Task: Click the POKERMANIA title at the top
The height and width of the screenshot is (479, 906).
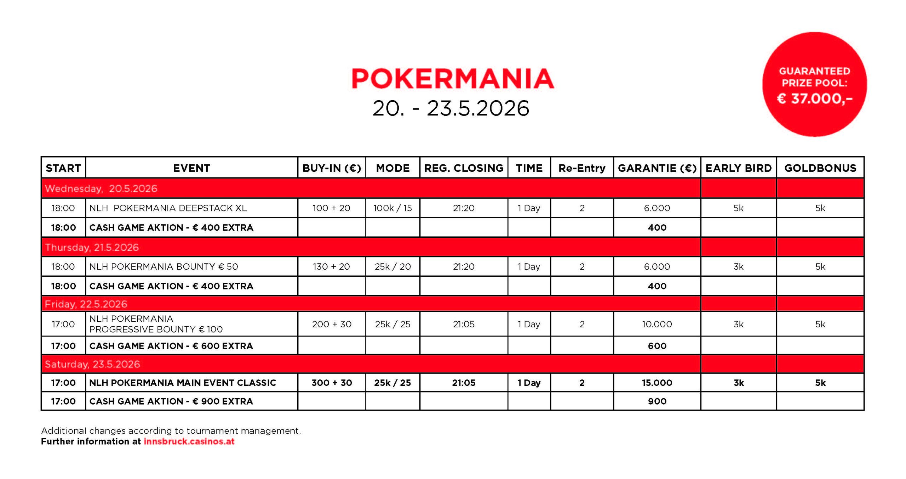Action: [x=453, y=79]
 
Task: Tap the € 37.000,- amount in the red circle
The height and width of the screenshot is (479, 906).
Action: [x=814, y=98]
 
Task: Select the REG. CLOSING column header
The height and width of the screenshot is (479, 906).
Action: [x=464, y=168]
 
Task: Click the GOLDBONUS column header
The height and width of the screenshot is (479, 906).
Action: [x=820, y=168]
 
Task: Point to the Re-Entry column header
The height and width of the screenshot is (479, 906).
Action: [x=582, y=168]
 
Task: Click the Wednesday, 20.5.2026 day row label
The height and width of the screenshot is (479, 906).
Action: [x=101, y=188]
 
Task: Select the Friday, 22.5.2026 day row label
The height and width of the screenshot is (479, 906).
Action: [x=86, y=304]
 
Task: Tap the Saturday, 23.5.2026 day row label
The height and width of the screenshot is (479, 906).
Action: [x=92, y=364]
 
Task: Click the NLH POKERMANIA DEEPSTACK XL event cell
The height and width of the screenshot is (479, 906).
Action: [x=168, y=208]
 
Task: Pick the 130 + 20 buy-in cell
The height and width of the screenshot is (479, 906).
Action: [x=331, y=266]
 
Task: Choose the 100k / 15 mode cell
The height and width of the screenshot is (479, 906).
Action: [x=392, y=208]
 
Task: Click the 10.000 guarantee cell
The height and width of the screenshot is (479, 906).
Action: [x=657, y=324]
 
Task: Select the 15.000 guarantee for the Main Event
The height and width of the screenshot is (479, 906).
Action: [x=657, y=383]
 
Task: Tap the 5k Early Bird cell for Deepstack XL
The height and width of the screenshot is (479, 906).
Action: [x=738, y=208]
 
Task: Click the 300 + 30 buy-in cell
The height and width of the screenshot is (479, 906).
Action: [x=332, y=383]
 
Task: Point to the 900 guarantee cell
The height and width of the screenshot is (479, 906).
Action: [x=657, y=401]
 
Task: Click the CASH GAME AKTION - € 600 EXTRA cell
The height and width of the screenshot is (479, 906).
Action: [x=171, y=346]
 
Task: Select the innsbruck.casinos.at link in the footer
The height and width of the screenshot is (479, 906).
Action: [x=189, y=441]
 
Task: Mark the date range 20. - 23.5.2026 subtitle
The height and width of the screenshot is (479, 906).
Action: [x=451, y=108]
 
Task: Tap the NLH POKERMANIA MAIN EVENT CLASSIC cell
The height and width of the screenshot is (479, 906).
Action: [x=182, y=383]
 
